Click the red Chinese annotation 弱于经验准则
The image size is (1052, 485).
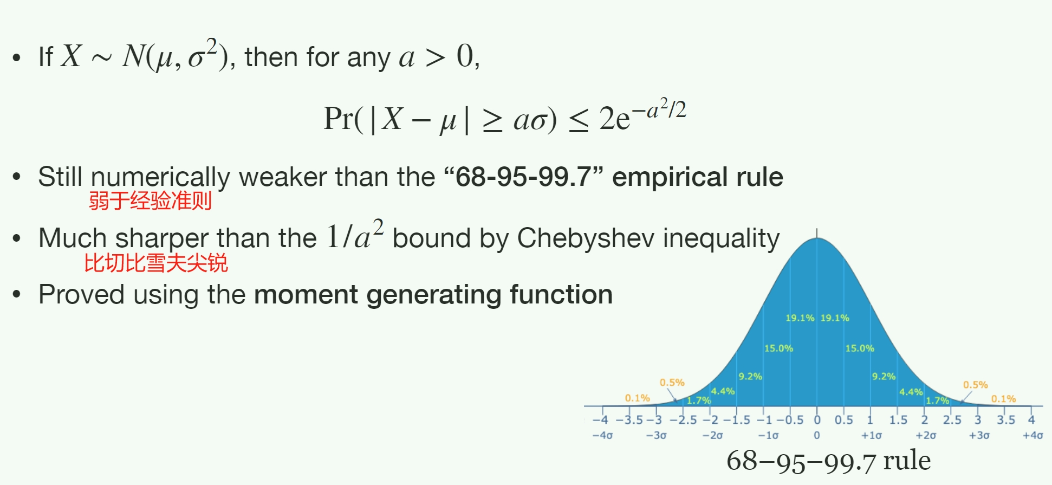tap(150, 201)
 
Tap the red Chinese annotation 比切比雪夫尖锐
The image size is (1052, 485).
tap(156, 263)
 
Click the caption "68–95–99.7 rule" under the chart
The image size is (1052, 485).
tap(828, 461)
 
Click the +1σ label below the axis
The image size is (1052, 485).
tap(871, 435)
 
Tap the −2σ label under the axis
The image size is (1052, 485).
tap(712, 435)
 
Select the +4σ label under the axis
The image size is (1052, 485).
tap(1032, 435)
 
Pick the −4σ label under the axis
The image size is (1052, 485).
tap(602, 435)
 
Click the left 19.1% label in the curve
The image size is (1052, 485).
tap(800, 318)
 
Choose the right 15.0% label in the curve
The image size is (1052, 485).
tap(860, 348)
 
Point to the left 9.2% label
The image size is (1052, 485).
tap(750, 377)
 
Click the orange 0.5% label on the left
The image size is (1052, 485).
tap(672, 383)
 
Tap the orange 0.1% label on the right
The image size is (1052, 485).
tap(1004, 399)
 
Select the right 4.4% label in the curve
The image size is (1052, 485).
tap(911, 392)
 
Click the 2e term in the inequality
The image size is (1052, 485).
tap(615, 119)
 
